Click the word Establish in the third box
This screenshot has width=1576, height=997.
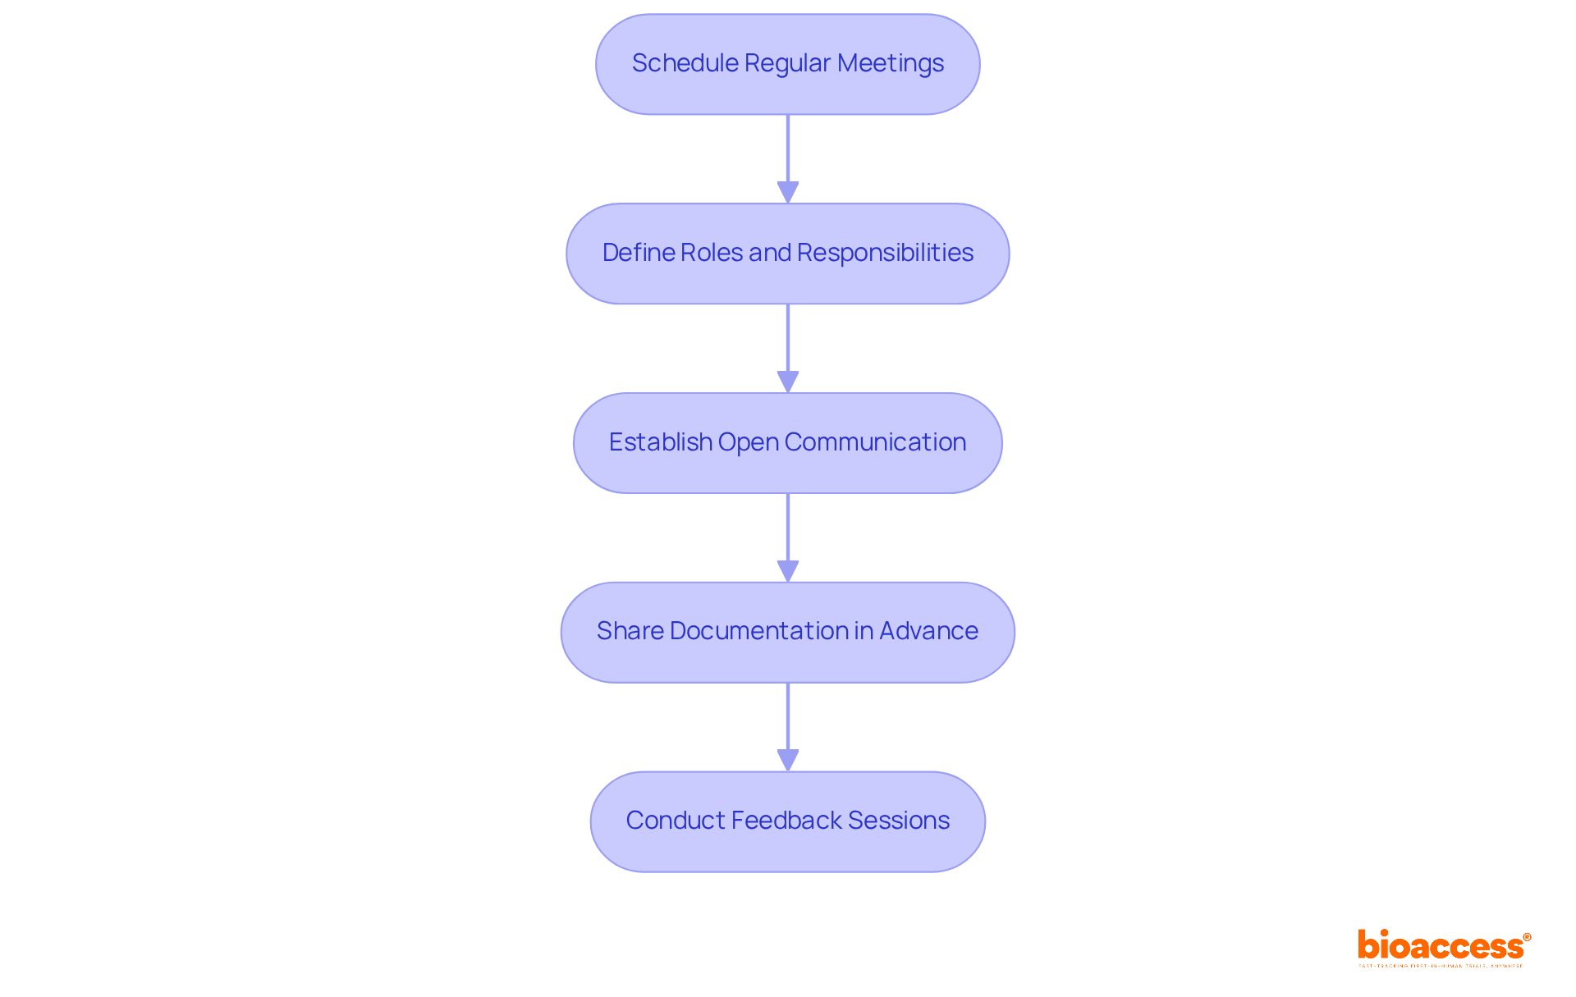pyautogui.click(x=660, y=442)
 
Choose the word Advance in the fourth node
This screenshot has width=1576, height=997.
pyautogui.click(x=928, y=631)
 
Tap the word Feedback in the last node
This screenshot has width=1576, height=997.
pyautogui.click(x=786, y=821)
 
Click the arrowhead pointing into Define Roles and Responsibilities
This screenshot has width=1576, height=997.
pyautogui.click(x=788, y=193)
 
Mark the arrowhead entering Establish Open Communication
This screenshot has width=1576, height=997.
pyautogui.click(x=788, y=382)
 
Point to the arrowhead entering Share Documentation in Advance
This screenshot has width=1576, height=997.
pyautogui.click(x=788, y=572)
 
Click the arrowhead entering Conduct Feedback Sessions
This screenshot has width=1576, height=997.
pyautogui.click(x=788, y=761)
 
